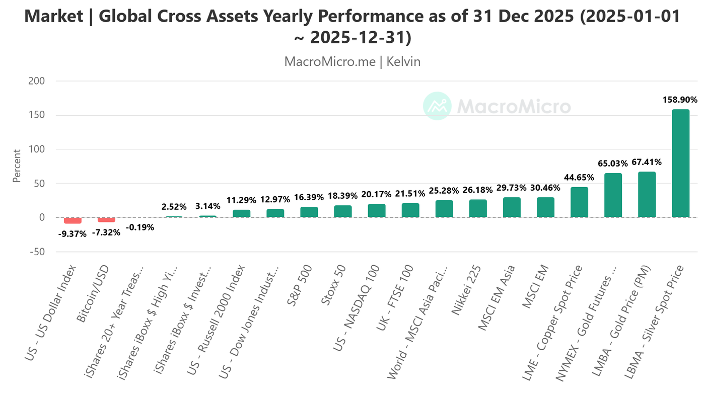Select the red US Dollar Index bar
[x=73, y=220]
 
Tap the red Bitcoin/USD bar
[x=106, y=220]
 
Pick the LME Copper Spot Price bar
[x=579, y=202]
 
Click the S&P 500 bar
[x=309, y=212]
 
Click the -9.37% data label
[x=73, y=233]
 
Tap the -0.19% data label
[x=140, y=227]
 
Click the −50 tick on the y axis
[x=35, y=252]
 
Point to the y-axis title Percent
[x=17, y=166]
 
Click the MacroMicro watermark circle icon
[x=437, y=106]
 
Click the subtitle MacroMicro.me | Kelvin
[x=352, y=61]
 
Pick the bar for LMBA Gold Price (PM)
[x=647, y=195]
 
